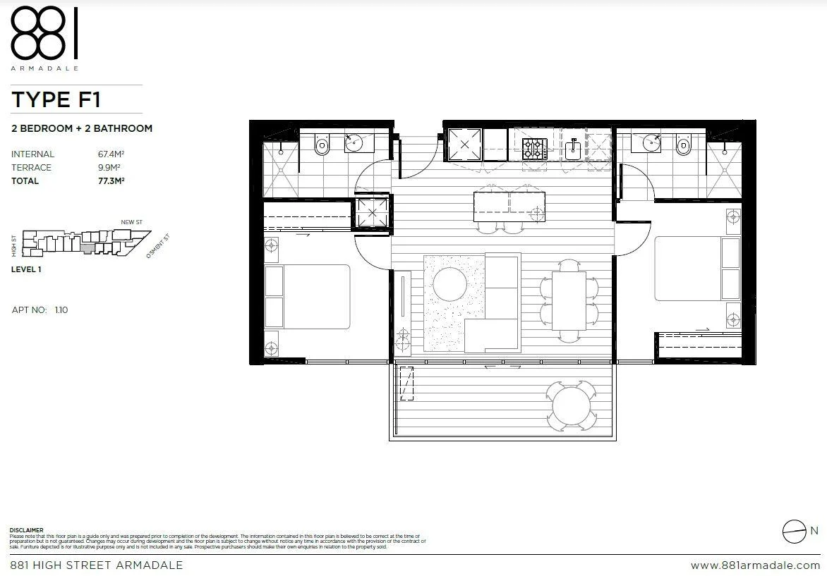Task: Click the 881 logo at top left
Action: (x=44, y=33)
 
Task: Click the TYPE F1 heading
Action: (x=56, y=99)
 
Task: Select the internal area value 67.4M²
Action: (x=111, y=154)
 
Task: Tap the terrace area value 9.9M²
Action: (x=109, y=167)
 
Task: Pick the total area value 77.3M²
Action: (x=111, y=180)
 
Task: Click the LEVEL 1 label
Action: (x=26, y=269)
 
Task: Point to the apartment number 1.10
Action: (x=61, y=310)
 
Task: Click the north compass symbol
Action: (x=794, y=531)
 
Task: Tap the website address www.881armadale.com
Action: (x=755, y=565)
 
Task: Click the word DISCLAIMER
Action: (x=26, y=530)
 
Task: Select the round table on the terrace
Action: (x=573, y=405)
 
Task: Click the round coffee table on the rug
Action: (x=449, y=285)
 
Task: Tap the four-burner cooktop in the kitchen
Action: (x=534, y=147)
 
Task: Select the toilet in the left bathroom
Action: (x=322, y=146)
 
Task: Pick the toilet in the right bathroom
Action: (x=682, y=145)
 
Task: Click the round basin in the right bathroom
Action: (x=651, y=144)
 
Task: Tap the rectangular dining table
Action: (x=569, y=302)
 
